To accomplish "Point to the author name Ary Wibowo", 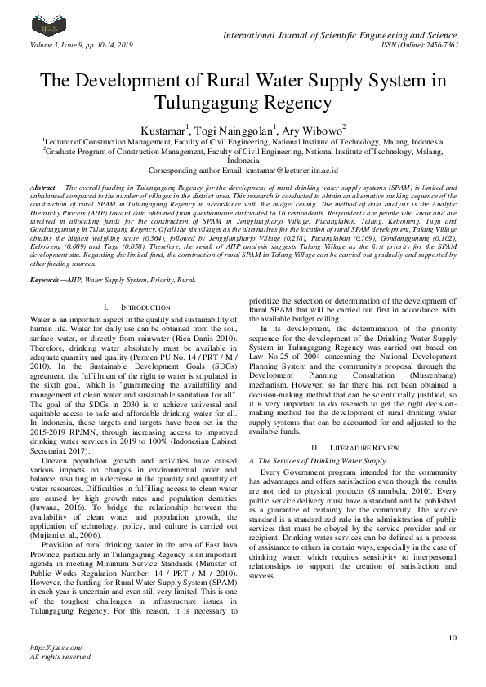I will click(x=317, y=130).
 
